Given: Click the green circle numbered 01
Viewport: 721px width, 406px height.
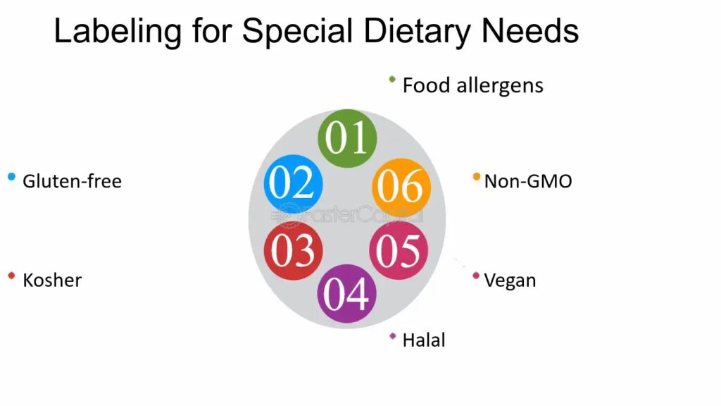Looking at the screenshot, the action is tap(347, 138).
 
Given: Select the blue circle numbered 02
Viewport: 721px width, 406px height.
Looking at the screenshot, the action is tap(294, 183).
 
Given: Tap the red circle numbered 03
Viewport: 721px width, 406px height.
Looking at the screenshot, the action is tap(294, 251).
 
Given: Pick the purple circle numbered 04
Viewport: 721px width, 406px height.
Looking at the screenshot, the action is tap(346, 294).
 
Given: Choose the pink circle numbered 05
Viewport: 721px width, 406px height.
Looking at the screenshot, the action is tap(399, 251).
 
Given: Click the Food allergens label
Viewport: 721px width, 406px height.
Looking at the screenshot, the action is tap(472, 86).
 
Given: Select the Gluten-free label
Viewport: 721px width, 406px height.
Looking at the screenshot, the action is tap(73, 181).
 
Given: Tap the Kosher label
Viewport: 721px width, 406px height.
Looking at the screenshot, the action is tap(52, 281).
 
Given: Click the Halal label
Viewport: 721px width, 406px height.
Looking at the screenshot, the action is tap(424, 340).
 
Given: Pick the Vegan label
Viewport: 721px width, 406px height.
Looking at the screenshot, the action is tap(510, 281).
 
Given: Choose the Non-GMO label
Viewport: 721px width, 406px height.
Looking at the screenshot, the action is tap(528, 181).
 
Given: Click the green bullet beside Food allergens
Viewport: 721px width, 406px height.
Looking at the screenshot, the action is tap(392, 80).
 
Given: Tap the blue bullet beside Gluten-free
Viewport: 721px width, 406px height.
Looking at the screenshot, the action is tap(12, 177).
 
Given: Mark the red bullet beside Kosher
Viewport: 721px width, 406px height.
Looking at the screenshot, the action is tap(12, 276).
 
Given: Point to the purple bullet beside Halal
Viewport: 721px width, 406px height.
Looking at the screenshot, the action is tap(393, 336).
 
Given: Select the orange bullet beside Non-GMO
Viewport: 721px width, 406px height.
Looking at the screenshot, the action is tap(477, 177).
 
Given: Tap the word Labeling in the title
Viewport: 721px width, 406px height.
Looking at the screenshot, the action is tap(118, 32).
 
